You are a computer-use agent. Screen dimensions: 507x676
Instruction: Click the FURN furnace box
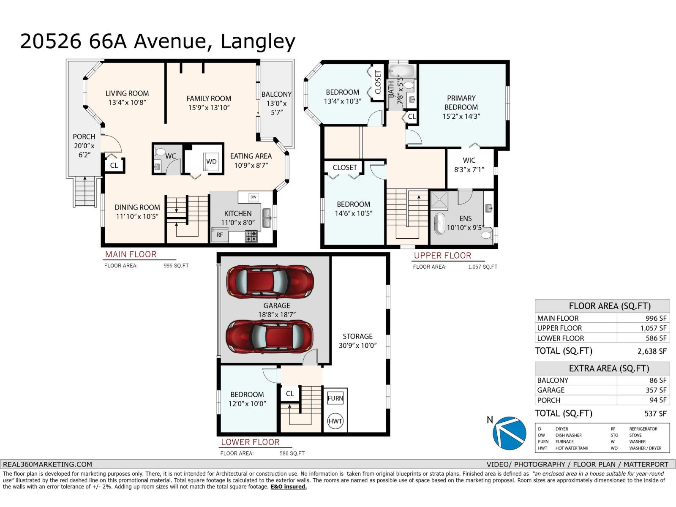pyautogui.click(x=335, y=398)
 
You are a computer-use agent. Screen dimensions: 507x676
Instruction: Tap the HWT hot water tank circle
pyautogui.click(x=335, y=421)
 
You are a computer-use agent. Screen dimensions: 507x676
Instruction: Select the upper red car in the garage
pyautogui.click(x=270, y=282)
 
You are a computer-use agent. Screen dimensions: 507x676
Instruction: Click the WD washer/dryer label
pyautogui.click(x=211, y=161)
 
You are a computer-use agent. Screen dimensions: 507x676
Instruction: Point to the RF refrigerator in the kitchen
pyautogui.click(x=220, y=234)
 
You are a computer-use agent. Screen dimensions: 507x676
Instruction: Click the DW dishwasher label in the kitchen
pyautogui.click(x=253, y=197)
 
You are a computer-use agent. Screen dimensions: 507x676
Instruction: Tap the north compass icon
pyautogui.click(x=509, y=433)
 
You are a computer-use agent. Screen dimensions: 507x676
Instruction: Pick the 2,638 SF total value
pyautogui.click(x=651, y=351)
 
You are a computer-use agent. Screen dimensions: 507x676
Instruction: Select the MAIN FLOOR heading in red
pyautogui.click(x=131, y=254)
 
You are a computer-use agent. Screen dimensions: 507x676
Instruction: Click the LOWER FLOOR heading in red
pyautogui.click(x=250, y=442)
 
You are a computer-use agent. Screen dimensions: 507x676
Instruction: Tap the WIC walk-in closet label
pyautogui.click(x=469, y=160)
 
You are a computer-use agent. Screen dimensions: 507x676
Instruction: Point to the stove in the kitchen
pyautogui.click(x=251, y=236)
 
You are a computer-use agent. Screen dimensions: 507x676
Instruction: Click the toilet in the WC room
pyautogui.click(x=160, y=152)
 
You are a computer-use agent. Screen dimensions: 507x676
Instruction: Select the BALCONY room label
pyautogui.click(x=276, y=94)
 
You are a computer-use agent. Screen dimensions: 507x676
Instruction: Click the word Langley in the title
pyautogui.click(x=258, y=41)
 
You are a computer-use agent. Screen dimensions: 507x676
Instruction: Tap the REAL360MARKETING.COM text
pyautogui.click(x=47, y=464)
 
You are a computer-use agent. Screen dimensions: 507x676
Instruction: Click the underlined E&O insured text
pyautogui.click(x=289, y=487)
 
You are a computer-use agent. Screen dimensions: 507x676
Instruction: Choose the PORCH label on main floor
pyautogui.click(x=84, y=136)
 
